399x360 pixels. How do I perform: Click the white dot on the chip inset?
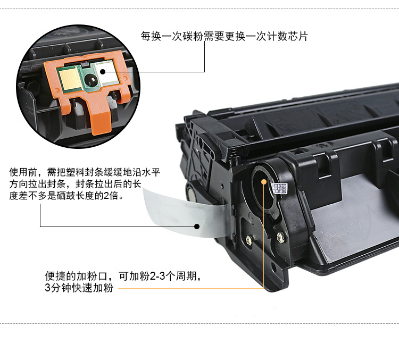[x=103, y=71]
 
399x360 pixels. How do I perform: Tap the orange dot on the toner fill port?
[x=264, y=182]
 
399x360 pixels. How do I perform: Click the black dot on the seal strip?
[x=197, y=226]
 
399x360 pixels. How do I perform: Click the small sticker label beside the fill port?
[x=279, y=188]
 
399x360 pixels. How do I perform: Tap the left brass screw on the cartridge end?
[x=249, y=239]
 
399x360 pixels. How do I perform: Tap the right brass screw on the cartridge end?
[x=280, y=237]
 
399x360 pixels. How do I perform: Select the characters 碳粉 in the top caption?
[x=193, y=36]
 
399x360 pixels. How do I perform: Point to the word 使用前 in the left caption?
[x=23, y=172]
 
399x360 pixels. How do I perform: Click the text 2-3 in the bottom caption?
[x=157, y=276]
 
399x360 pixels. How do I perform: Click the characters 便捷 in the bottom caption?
[x=55, y=276]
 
